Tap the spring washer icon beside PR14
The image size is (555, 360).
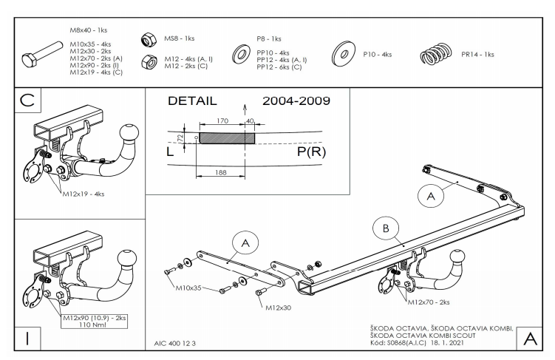435,55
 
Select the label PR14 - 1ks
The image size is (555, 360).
477,54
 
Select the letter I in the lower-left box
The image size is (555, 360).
27,338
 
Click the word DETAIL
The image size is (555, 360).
194,101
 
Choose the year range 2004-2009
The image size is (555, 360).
296,101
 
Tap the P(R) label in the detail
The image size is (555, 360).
310,152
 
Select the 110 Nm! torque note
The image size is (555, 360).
87,325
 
